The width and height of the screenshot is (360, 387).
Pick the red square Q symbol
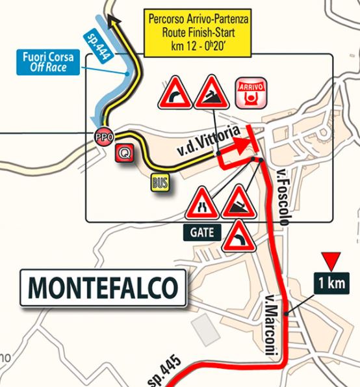124,153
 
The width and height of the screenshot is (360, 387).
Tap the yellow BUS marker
160,183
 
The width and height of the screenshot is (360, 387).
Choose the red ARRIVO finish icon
250,91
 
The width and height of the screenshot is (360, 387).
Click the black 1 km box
331,283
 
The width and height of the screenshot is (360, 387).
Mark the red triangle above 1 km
330,261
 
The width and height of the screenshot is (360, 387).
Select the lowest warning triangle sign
238,237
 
